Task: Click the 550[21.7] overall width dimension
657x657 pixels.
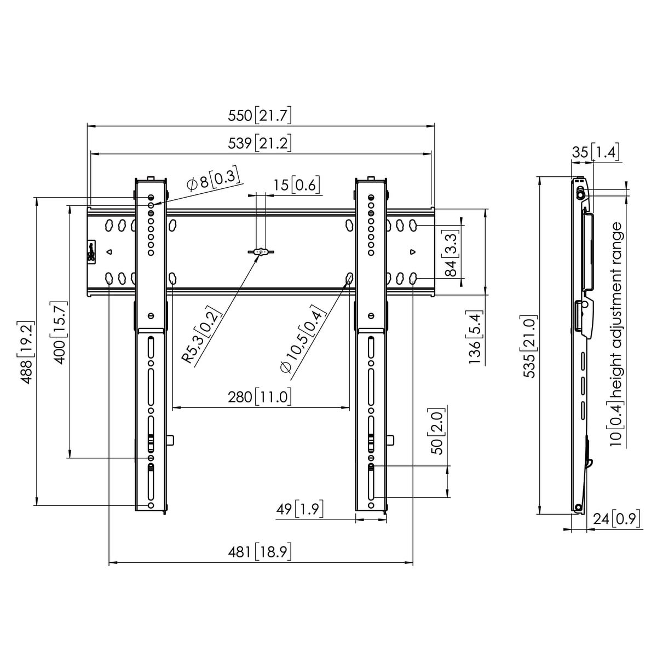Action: pos(260,116)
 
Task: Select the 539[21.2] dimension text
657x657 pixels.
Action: pos(260,143)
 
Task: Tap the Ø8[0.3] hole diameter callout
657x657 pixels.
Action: pos(212,180)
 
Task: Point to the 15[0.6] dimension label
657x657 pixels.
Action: pos(297,185)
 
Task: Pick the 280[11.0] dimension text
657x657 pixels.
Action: pos(260,397)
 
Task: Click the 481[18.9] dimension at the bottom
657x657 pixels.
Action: pos(260,552)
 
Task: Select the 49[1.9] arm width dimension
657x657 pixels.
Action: pos(299,510)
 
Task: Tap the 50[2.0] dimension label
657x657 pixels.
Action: pos(438,431)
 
